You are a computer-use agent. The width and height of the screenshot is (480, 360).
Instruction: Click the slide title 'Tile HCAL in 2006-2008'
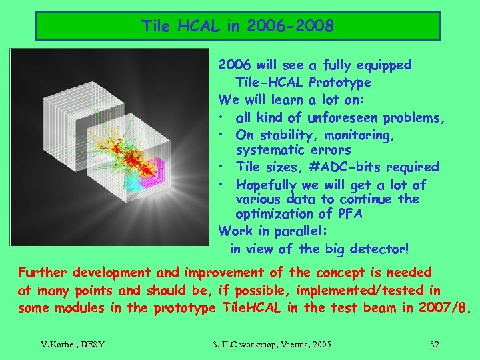[237, 27]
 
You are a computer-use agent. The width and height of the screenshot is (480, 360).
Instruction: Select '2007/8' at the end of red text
[449, 307]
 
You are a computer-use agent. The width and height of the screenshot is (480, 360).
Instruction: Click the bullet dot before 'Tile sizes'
[222, 167]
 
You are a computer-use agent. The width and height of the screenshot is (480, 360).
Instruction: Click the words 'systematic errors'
[293, 150]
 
